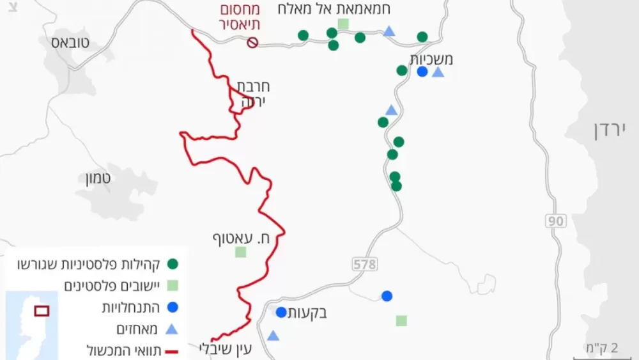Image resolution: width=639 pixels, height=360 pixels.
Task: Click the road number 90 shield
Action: (x=556, y=221)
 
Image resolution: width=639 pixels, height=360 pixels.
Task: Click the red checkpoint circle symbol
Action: (x=252, y=42)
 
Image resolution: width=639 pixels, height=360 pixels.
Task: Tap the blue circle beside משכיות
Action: (x=422, y=72)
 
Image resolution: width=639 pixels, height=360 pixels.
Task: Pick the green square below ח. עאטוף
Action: (x=240, y=252)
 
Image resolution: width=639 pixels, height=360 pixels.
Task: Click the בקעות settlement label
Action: (x=308, y=313)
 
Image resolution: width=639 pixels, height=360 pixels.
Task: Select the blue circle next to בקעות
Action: (x=281, y=313)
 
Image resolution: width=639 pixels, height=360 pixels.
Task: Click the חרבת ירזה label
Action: (x=252, y=93)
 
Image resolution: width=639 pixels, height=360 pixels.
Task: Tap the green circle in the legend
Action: (x=172, y=263)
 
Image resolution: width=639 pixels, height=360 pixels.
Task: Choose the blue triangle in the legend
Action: (x=172, y=329)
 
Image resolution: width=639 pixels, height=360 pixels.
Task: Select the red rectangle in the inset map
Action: (x=42, y=311)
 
